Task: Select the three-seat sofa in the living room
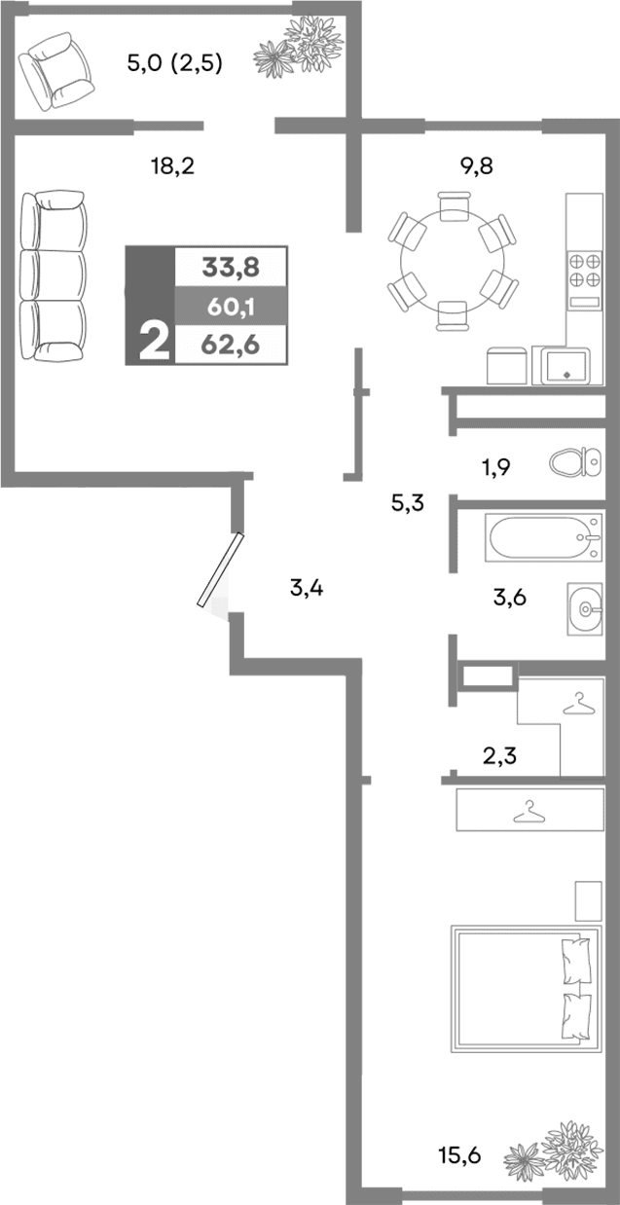click(55, 277)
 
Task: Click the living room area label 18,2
click(173, 166)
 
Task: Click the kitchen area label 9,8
click(476, 166)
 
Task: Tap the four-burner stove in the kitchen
click(585, 269)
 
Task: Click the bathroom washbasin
click(590, 608)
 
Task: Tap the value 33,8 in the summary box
click(231, 265)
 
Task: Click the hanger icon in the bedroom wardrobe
click(529, 810)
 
